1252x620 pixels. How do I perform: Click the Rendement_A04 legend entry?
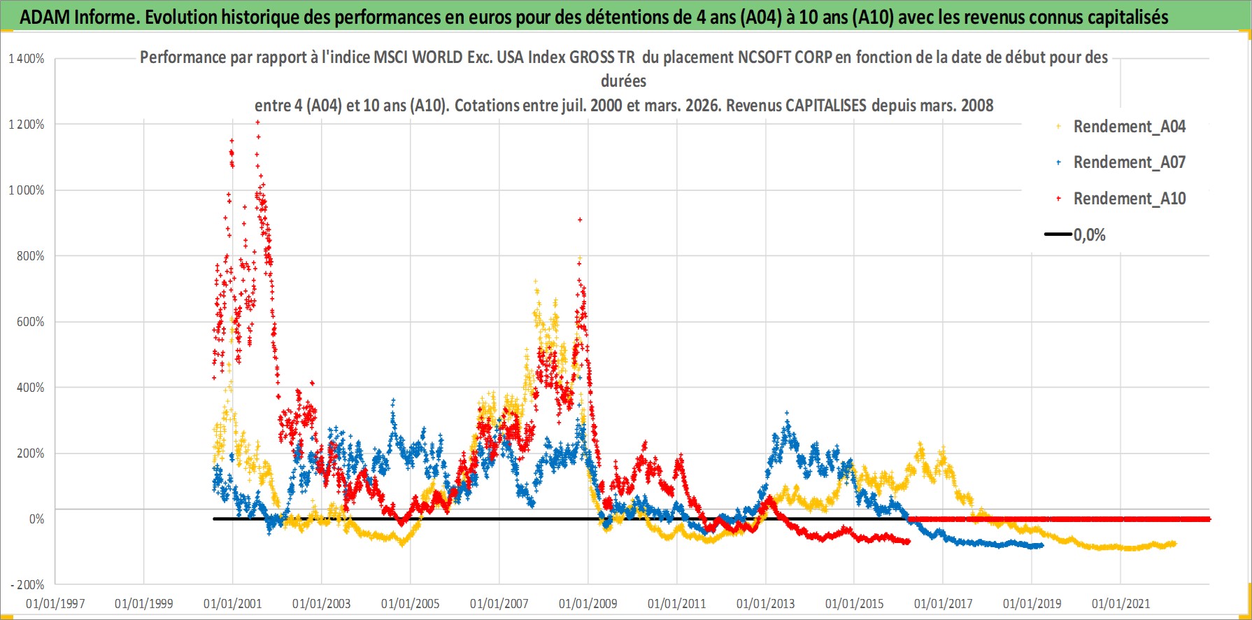point(1129,127)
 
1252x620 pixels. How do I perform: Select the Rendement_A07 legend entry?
point(1129,162)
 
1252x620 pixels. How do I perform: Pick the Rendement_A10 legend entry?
point(1129,199)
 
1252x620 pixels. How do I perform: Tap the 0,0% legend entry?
point(1089,235)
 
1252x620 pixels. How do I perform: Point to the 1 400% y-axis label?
point(27,59)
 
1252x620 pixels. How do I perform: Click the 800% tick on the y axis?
point(31,256)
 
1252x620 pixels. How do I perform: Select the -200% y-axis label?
point(27,585)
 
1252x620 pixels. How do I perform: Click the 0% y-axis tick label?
point(36,519)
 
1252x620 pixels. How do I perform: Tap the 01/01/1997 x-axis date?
point(55,603)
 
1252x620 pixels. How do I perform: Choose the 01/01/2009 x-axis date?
point(588,603)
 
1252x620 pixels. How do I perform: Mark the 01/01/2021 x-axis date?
point(1121,603)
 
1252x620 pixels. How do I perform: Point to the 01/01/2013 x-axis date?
point(766,603)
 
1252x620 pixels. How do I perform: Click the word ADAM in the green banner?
point(44,17)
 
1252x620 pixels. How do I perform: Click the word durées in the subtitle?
point(623,81)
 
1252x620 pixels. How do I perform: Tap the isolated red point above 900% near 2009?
point(580,220)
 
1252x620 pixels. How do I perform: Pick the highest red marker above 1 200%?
point(257,122)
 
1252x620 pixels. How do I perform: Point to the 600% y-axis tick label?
point(31,322)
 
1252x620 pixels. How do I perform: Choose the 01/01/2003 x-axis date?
point(322,603)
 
